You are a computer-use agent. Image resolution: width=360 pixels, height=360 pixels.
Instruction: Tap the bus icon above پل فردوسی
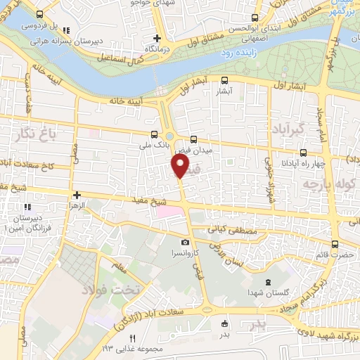[39, 15]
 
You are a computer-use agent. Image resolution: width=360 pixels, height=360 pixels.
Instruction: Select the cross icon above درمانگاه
[157, 38]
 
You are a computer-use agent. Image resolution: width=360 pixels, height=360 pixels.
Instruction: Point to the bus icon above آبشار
[224, 80]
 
